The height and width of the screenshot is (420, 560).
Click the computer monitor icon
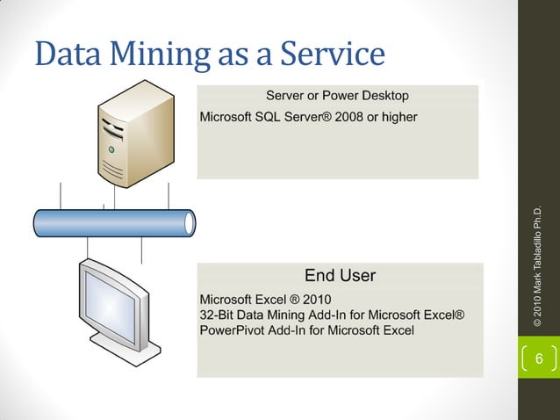click(114, 308)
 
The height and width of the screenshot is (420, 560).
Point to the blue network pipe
click(114, 222)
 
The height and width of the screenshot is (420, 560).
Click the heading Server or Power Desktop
click(336, 95)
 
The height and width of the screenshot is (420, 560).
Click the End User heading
click(340, 276)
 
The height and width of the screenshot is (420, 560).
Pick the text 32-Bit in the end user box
click(219, 315)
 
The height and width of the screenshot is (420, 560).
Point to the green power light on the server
click(111, 150)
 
